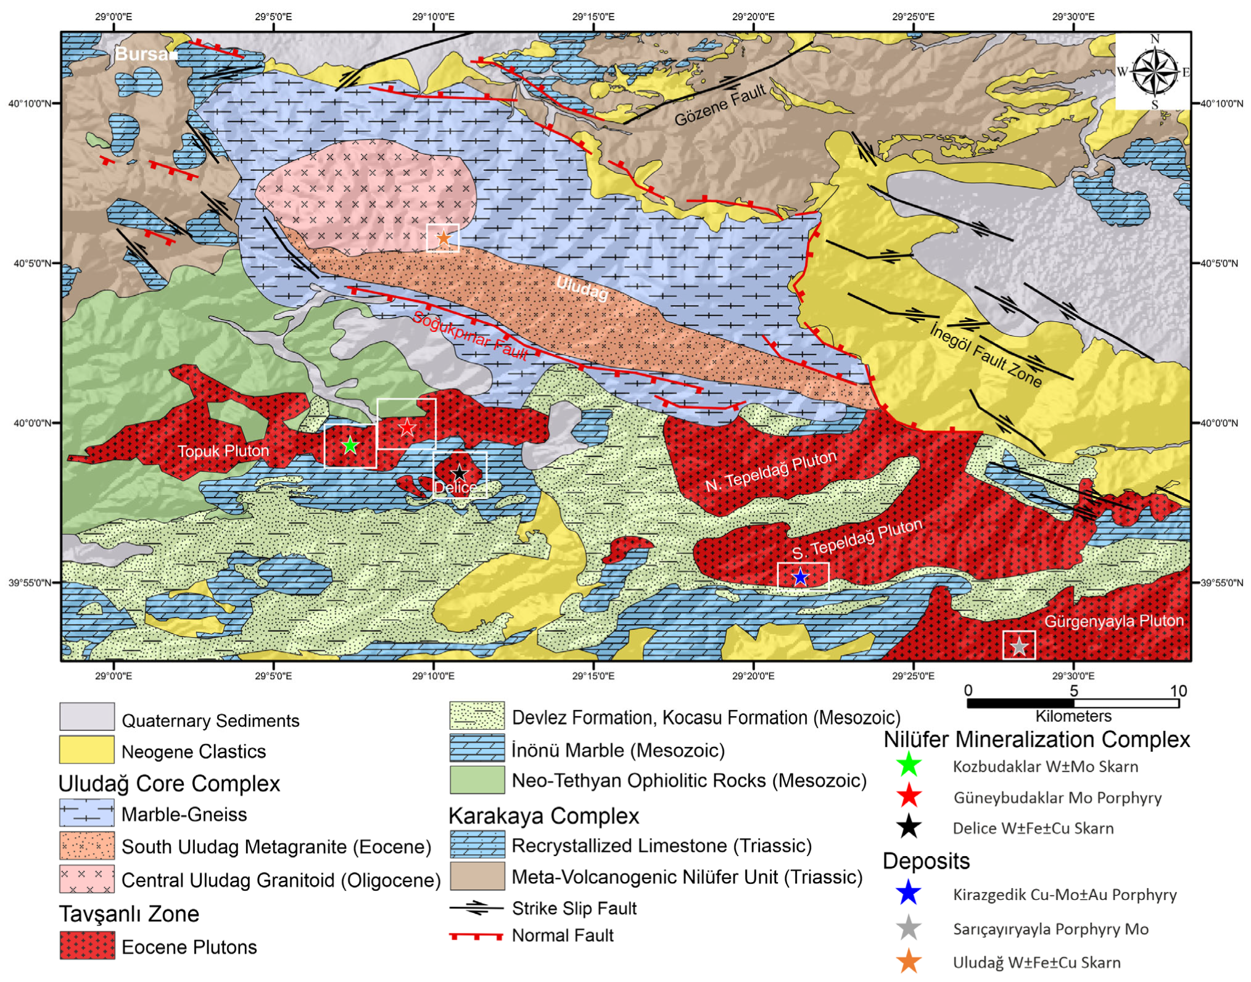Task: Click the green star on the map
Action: [350, 445]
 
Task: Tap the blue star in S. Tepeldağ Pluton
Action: [799, 577]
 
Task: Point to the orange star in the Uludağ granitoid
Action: [444, 237]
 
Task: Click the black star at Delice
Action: [460, 473]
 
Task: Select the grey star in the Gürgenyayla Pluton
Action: [1019, 646]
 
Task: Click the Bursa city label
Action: [143, 54]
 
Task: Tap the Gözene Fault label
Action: [720, 105]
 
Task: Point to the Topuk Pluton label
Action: [223, 451]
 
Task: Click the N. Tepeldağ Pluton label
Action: [771, 471]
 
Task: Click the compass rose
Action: [1154, 72]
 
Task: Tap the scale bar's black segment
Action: [1020, 703]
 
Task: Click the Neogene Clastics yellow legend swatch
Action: [87, 750]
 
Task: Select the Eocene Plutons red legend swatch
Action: [87, 945]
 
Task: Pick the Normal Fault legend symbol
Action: [476, 936]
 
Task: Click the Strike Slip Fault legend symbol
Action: [476, 908]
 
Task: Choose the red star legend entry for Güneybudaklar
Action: [909, 797]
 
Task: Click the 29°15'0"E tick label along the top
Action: [593, 17]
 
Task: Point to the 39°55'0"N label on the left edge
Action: [30, 582]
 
